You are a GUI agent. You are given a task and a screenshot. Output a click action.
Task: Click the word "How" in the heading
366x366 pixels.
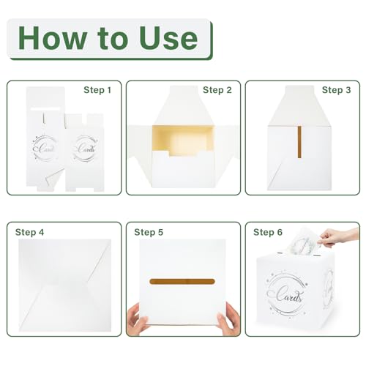click(53, 38)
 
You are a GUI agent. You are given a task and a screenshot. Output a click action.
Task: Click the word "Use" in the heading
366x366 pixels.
click(168, 38)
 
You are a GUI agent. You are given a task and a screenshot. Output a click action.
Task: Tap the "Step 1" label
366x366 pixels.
click(97, 90)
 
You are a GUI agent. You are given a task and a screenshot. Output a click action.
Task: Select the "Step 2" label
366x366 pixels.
click(217, 90)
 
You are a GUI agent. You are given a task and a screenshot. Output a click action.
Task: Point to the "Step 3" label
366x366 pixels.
click(336, 90)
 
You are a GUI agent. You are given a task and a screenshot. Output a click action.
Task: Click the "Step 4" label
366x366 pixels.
click(29, 232)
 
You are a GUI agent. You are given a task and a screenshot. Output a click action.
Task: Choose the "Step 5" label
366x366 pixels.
click(149, 232)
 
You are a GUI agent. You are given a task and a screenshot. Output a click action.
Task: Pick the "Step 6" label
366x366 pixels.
click(268, 232)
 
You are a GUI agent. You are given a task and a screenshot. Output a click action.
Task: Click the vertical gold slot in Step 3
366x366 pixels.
click(299, 142)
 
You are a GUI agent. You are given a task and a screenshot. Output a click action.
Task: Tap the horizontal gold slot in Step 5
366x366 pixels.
click(182, 282)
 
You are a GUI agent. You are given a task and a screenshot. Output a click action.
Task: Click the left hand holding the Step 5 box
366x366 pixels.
click(137, 318)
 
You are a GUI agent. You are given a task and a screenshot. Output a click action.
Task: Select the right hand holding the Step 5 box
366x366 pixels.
click(228, 318)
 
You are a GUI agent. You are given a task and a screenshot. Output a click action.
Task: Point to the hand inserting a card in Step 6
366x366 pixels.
click(339, 236)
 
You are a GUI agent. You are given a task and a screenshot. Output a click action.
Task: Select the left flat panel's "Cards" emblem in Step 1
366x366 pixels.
click(45, 148)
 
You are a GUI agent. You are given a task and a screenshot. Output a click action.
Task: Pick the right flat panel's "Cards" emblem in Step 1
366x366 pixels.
click(85, 148)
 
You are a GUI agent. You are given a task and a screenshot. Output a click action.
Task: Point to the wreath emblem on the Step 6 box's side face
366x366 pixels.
click(328, 289)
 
